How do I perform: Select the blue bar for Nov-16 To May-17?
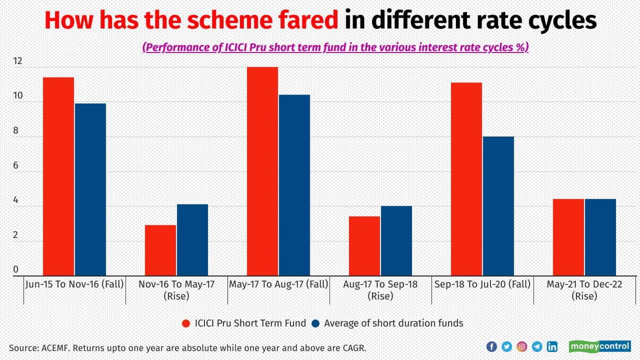pos(192,240)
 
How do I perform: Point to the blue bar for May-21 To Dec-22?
pos(600,237)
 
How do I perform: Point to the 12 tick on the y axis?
pos(18,61)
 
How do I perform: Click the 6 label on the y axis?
pos(15,165)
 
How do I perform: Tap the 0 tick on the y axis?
pos(15,269)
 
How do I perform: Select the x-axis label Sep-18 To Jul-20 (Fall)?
pos(481,284)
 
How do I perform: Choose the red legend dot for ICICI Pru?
pos(186,323)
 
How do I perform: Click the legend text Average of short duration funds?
pos(393,323)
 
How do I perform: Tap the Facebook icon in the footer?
pos(491,346)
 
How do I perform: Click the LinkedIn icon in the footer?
pos(552,346)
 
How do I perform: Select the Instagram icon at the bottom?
pos(521,346)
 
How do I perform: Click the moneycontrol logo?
pos(599,346)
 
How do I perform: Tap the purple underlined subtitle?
pos(335,47)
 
